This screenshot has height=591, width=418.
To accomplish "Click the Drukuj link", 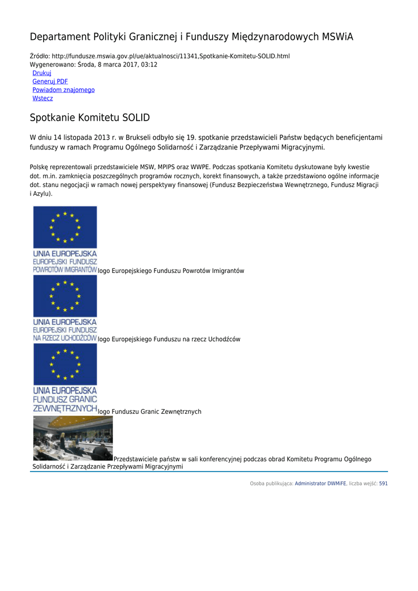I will [42, 73].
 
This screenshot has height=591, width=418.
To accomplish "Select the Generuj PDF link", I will [50, 82].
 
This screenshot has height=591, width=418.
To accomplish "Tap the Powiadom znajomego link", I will [63, 90].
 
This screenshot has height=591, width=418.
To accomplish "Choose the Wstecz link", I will [43, 99].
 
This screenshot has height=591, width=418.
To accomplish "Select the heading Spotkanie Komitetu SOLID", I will [90, 118].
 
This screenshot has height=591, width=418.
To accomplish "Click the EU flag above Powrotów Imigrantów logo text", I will [65, 227].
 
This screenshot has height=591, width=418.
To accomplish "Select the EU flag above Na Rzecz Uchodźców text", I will [65, 296].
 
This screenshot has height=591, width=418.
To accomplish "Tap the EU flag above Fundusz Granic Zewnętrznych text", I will [65, 365].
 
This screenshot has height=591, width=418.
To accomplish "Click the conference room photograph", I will [73, 438].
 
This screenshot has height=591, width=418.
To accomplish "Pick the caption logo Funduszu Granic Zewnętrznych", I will [150, 412].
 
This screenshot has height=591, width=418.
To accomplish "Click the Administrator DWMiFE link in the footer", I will [321, 484].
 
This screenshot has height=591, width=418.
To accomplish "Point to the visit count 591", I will [383, 484].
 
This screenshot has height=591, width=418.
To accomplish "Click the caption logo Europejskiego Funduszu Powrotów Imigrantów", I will [171, 271].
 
